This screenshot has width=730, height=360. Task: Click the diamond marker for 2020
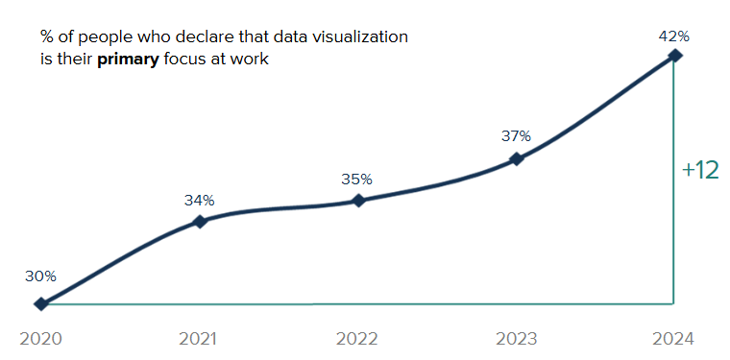click(x=40, y=304)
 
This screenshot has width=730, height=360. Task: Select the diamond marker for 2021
click(x=200, y=222)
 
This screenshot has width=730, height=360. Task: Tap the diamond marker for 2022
click(x=358, y=201)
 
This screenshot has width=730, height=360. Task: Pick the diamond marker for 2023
click(x=517, y=158)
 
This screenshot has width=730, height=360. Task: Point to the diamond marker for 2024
click(x=675, y=56)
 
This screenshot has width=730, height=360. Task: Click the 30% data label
click(x=40, y=276)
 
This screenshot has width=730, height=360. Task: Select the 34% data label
click(x=200, y=200)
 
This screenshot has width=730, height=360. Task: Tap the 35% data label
click(x=358, y=179)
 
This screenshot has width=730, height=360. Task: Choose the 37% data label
click(x=517, y=136)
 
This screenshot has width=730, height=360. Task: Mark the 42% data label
click(x=674, y=36)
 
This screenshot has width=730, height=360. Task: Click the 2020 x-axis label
click(x=40, y=339)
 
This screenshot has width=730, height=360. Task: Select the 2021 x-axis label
click(x=199, y=339)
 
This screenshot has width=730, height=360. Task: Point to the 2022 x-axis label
click(x=357, y=339)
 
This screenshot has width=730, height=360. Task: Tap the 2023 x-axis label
click(x=516, y=339)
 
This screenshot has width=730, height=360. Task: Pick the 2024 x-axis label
click(x=673, y=339)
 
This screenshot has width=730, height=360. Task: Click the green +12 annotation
click(x=699, y=171)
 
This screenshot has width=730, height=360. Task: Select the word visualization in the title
click(x=360, y=37)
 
